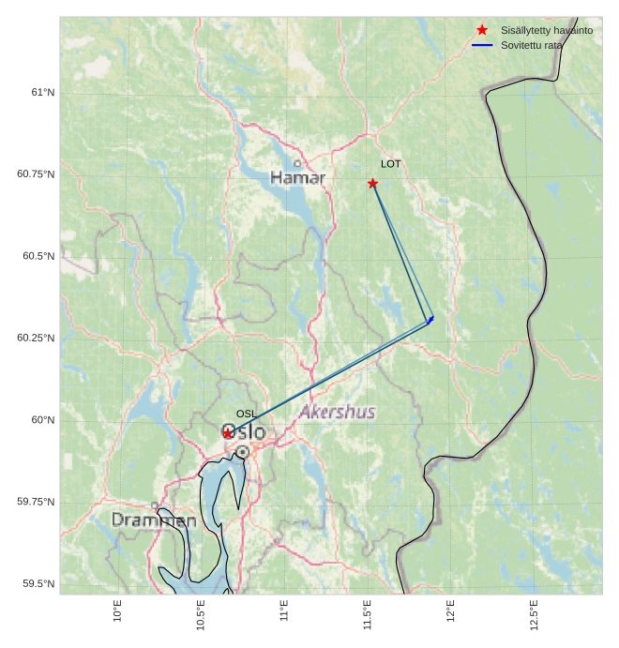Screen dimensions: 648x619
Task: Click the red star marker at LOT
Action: [373, 183]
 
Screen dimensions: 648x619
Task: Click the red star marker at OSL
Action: [228, 433]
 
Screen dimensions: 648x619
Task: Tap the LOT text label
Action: [391, 164]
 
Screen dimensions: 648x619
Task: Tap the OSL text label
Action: [246, 414]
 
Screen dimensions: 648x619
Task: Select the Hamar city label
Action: [297, 177]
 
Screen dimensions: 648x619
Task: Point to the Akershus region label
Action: [337, 412]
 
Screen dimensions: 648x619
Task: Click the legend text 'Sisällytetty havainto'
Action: [547, 30]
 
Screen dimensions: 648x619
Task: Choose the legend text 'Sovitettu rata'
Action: [532, 45]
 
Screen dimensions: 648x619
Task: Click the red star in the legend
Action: [482, 30]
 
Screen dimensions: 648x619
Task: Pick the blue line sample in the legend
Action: [482, 45]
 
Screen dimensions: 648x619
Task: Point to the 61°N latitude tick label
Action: [42, 92]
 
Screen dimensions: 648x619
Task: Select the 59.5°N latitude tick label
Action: [38, 583]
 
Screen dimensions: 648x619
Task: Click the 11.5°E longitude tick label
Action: [367, 614]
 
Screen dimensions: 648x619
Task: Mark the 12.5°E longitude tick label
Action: [534, 614]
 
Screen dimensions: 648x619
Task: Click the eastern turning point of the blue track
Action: [430, 321]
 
